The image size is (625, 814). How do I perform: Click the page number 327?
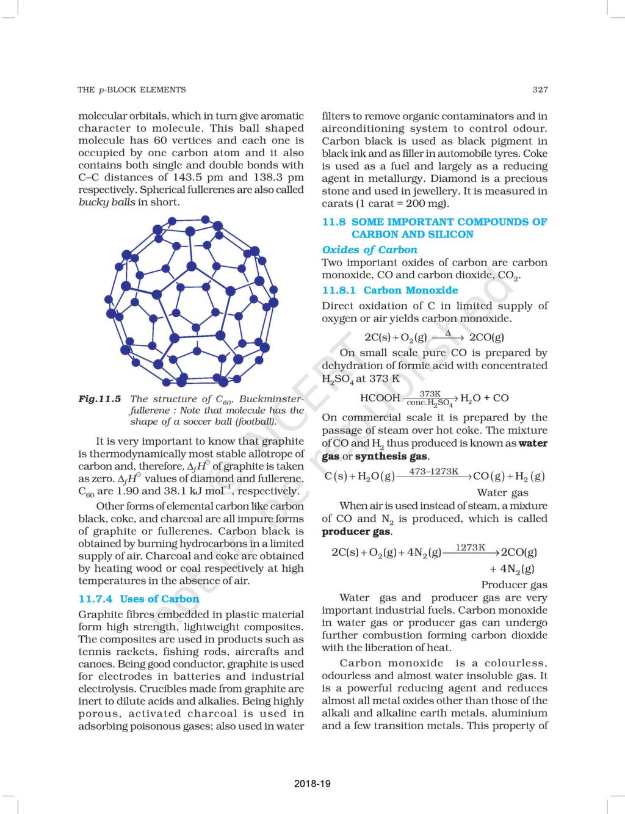point(540,90)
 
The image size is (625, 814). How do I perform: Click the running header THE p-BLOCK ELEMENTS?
point(131,90)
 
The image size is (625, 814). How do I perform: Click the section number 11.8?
point(333,222)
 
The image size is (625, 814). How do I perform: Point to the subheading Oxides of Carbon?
point(369,250)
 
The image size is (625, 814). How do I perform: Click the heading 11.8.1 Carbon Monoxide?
point(389,290)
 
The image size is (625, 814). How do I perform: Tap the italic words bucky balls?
point(107,202)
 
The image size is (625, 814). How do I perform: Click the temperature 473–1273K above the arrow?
point(433,472)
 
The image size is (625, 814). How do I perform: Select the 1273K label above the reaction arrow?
point(470,548)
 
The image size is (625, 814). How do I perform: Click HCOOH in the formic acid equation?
point(380,398)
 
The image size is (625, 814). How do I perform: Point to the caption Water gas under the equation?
point(502,492)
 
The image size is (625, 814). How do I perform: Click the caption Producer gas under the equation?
point(514,585)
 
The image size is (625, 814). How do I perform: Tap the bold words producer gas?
point(356,531)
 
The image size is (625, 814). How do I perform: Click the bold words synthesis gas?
point(391,456)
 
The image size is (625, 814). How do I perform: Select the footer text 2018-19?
point(312,783)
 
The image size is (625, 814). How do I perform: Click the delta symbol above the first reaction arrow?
point(447,333)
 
